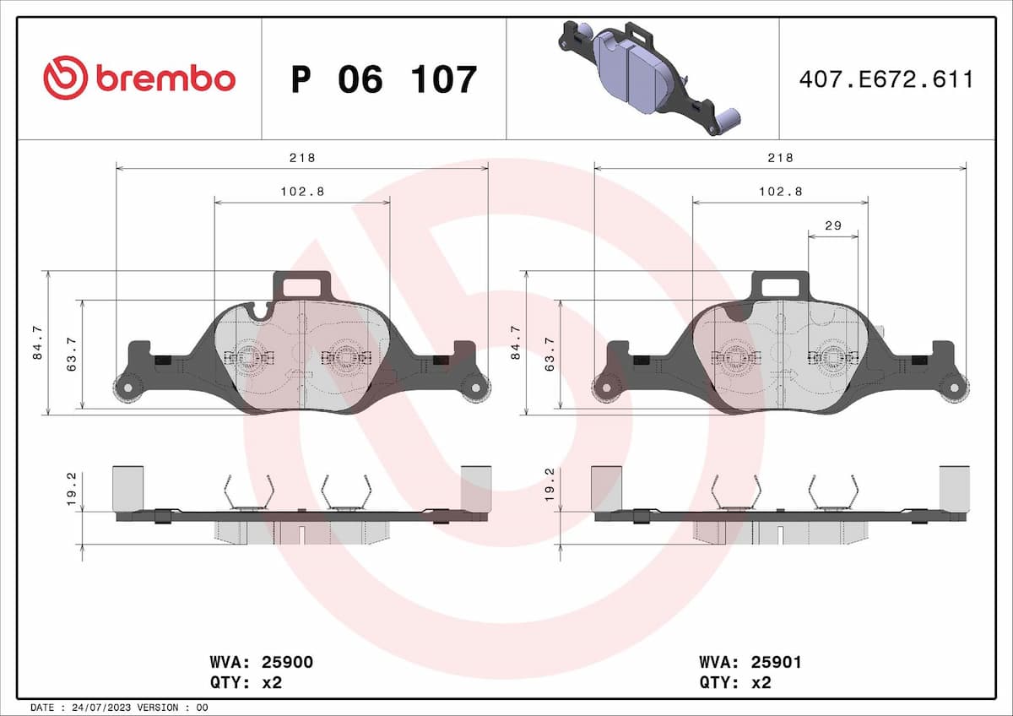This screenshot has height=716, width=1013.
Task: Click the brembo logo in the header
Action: [139, 78]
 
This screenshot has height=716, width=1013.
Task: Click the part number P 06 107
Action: [384, 79]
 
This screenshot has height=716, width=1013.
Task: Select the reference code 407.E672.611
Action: [886, 79]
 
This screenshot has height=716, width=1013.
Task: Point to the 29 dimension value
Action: [832, 225]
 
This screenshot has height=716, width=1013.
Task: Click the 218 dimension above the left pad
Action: [301, 158]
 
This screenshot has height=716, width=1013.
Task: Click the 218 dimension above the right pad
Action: [780, 158]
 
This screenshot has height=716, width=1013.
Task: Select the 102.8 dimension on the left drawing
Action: [301, 192]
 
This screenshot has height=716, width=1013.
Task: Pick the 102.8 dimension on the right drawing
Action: [780, 192]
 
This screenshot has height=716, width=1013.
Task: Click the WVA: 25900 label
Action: [261, 663]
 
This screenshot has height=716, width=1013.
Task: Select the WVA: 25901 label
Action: [750, 663]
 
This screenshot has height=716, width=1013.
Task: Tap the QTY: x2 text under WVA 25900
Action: [245, 682]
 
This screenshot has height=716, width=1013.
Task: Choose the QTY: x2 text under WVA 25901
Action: [734, 682]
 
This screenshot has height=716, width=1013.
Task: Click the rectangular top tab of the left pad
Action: [302, 285]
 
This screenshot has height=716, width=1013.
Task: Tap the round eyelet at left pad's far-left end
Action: [125, 388]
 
